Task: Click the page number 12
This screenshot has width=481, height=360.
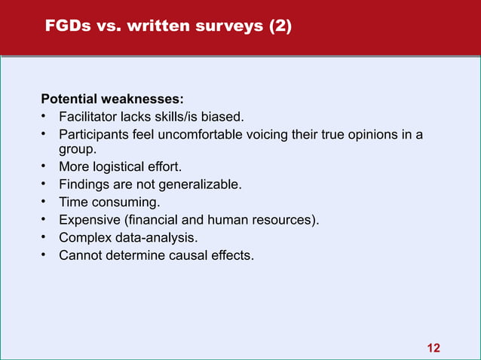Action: (434, 347)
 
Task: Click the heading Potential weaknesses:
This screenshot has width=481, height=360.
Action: (112, 99)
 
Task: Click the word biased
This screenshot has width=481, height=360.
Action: (222, 117)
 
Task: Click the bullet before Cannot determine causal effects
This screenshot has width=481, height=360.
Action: (44, 256)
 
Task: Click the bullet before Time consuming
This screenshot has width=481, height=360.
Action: (44, 202)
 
